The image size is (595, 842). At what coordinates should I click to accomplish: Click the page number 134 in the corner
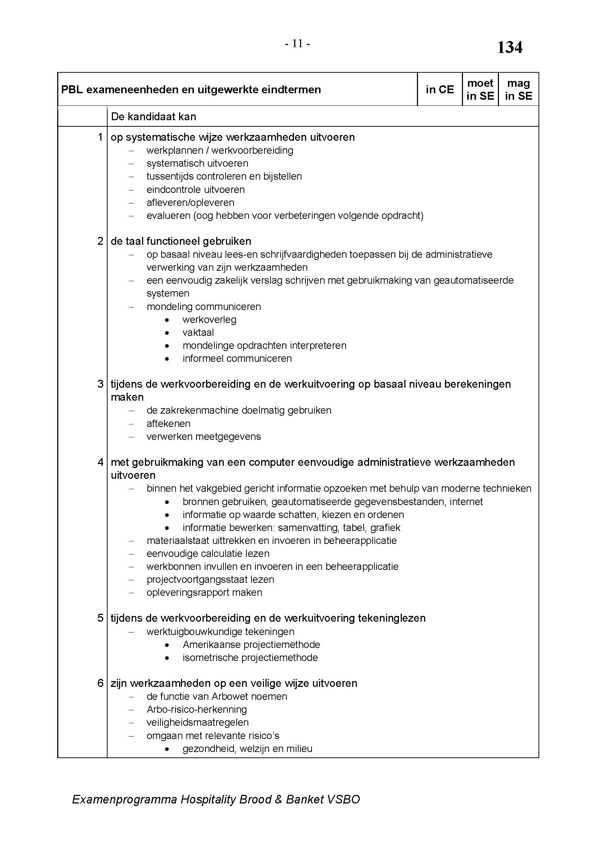click(x=509, y=48)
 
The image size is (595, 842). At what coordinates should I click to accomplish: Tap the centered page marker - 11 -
click(x=297, y=44)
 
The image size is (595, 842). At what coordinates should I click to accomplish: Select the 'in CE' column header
click(x=439, y=90)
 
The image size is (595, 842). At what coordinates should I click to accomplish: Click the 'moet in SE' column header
click(x=480, y=90)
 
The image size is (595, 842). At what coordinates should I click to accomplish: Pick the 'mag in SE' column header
click(x=518, y=90)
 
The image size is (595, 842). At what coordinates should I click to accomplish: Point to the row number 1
click(x=100, y=137)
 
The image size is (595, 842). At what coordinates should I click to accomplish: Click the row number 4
click(x=100, y=462)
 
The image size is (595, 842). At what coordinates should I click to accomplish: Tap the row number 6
click(x=100, y=683)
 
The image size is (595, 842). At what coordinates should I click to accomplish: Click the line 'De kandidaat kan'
click(x=154, y=117)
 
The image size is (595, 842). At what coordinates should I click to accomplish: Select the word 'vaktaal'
click(x=198, y=333)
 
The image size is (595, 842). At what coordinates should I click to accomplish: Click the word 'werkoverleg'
click(x=209, y=320)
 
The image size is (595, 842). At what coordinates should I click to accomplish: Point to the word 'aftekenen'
click(x=168, y=424)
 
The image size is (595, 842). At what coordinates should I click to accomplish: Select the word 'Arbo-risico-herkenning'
click(x=197, y=710)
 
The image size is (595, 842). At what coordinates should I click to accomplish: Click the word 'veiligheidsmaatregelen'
click(x=197, y=722)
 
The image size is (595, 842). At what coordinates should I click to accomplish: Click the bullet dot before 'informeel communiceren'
click(x=167, y=359)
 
